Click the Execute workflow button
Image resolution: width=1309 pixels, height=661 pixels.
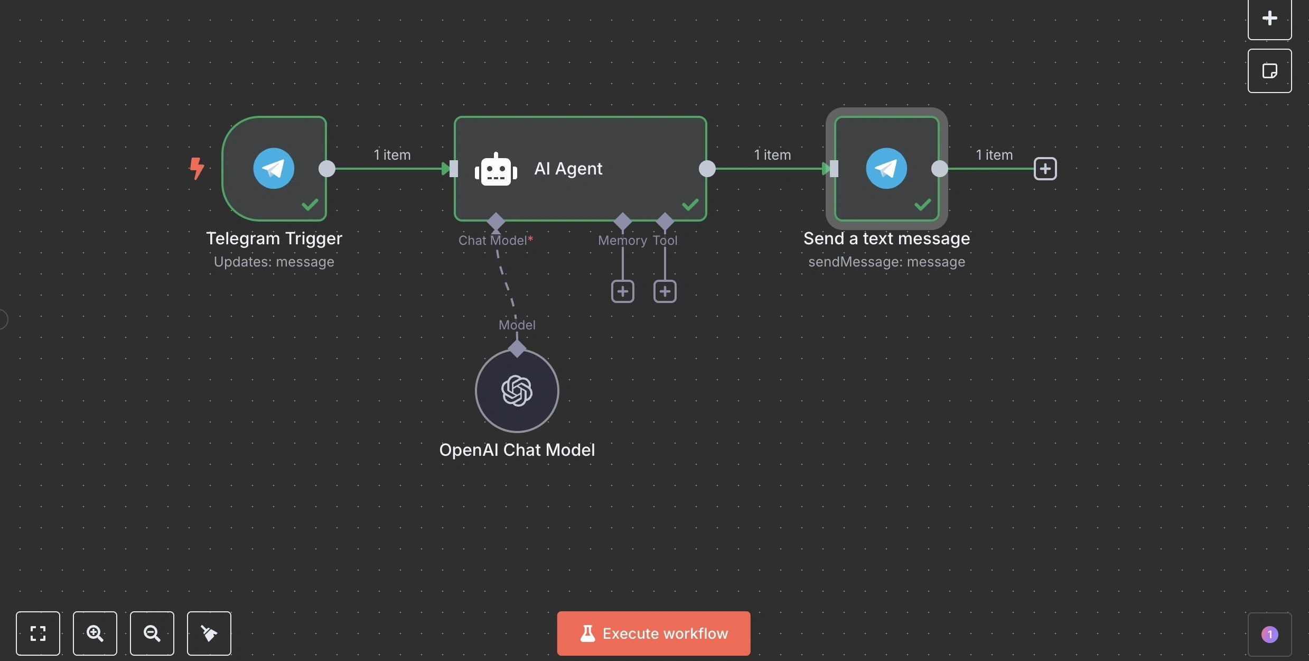(653, 633)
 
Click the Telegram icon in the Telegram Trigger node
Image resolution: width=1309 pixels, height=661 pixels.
(274, 168)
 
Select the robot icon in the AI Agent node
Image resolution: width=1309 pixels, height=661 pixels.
(495, 170)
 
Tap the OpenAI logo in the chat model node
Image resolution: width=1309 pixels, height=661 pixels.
(517, 391)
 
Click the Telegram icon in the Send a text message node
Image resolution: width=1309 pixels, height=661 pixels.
(886, 168)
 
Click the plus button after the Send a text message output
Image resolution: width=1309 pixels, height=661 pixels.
(1045, 169)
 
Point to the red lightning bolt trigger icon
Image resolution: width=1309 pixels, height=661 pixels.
(197, 168)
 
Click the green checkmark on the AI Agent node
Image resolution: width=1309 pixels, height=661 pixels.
(690, 204)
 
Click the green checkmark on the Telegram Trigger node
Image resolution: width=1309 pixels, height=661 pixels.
(310, 204)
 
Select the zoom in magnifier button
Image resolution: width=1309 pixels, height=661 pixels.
(95, 633)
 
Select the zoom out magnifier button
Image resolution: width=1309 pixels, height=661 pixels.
(152, 633)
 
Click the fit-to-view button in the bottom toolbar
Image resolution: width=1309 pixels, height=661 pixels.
(38, 633)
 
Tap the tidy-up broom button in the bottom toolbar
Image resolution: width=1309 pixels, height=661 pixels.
(209, 633)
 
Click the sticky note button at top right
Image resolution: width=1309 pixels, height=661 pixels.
(1269, 71)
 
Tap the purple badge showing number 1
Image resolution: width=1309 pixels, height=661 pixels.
(1269, 634)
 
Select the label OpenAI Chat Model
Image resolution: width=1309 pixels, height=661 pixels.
(517, 450)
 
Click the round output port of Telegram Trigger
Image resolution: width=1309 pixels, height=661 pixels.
(327, 169)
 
